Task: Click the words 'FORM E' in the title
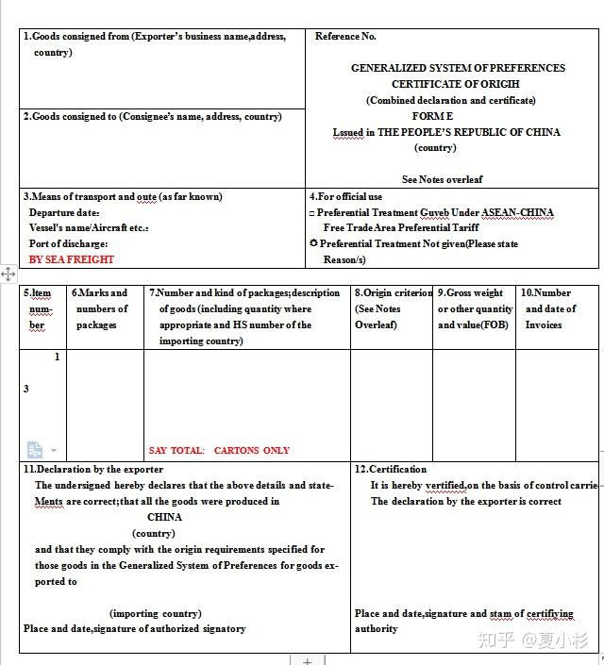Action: click(x=432, y=116)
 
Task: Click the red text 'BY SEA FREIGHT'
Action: click(x=72, y=259)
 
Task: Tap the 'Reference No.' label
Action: click(x=345, y=37)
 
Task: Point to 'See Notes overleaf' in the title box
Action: click(x=443, y=179)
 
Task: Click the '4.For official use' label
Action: click(x=345, y=197)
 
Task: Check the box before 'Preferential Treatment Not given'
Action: click(x=313, y=243)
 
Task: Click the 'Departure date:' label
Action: click(x=64, y=213)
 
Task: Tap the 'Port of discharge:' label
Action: click(x=68, y=244)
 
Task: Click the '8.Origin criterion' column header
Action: click(x=394, y=293)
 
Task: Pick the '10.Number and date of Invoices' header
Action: click(x=545, y=309)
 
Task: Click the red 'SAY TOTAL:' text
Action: click(x=176, y=451)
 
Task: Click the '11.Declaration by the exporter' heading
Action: click(x=92, y=469)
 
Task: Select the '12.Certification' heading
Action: click(x=391, y=469)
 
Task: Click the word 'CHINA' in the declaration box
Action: click(x=164, y=517)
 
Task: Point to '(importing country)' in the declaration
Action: click(x=155, y=613)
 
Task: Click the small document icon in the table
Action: click(x=35, y=450)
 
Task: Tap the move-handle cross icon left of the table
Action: click(x=8, y=274)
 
